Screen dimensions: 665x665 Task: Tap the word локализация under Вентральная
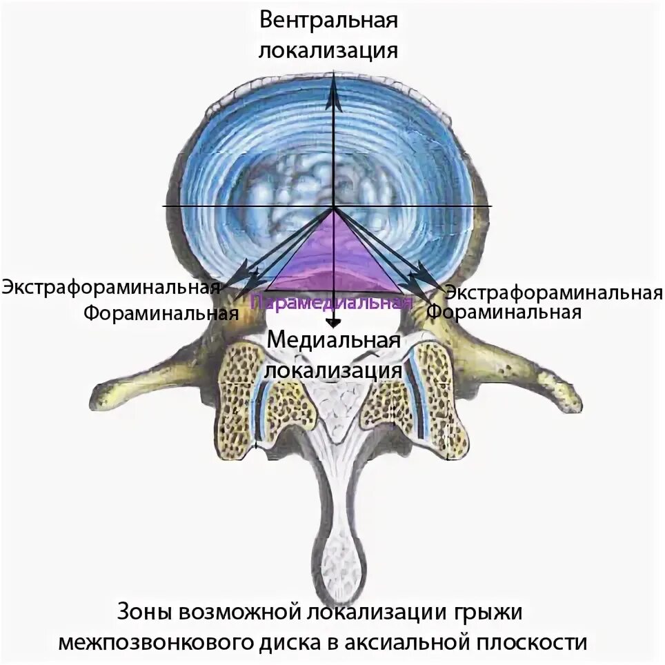329,50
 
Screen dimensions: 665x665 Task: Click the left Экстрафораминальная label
110,286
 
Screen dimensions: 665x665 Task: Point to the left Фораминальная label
161,313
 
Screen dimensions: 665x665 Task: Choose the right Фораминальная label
504,312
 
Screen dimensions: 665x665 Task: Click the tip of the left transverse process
100,396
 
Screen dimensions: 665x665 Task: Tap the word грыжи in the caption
493,612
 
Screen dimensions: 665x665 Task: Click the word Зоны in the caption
144,612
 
